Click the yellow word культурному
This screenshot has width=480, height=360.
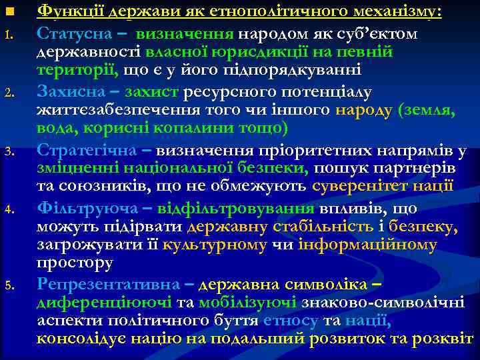coord(213,246)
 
